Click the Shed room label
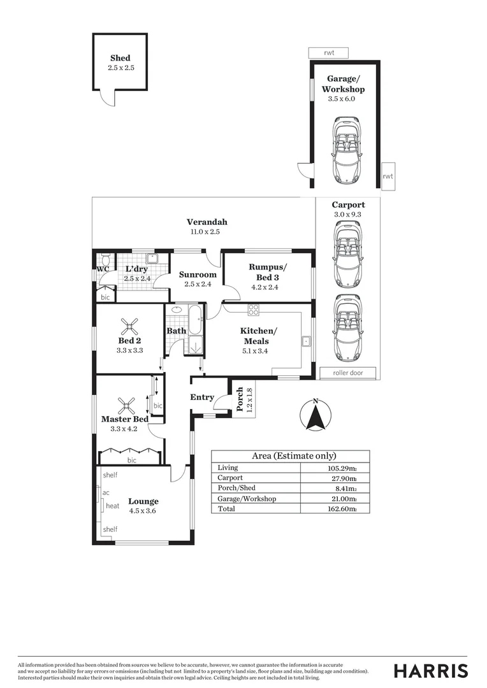[120, 58]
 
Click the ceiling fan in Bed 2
[129, 327]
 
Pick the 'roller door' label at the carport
[347, 373]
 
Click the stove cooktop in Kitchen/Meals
[254, 310]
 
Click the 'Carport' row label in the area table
[229, 477]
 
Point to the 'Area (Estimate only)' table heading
[294, 456]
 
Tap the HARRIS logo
[430, 671]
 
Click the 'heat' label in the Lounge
[113, 506]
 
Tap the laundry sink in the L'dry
[152, 259]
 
